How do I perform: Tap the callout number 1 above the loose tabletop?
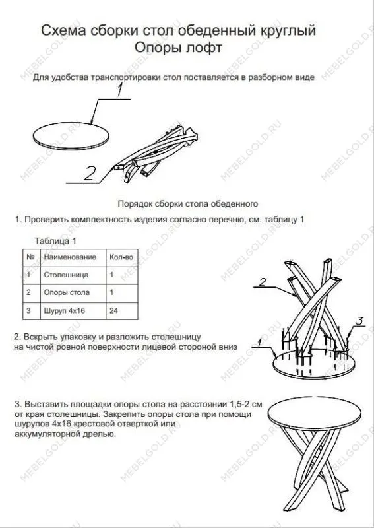click(120, 92)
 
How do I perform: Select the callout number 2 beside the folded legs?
click(90, 173)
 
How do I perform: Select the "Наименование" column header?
click(69, 257)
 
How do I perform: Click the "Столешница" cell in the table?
click(65, 274)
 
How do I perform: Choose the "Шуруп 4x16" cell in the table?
click(65, 310)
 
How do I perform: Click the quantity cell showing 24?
click(114, 310)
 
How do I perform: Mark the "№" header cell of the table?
click(30, 257)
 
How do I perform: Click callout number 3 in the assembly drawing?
click(359, 321)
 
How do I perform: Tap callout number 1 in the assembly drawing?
click(261, 342)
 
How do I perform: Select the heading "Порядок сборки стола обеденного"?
click(187, 204)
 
